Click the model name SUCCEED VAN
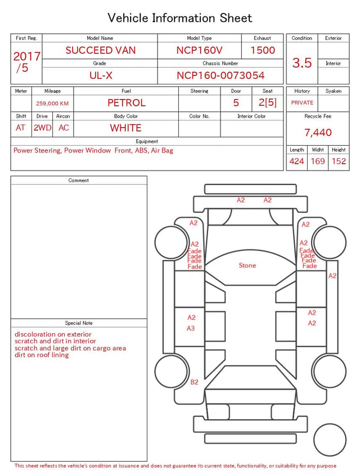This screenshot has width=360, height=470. (101, 50)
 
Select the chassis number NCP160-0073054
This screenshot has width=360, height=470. (220, 75)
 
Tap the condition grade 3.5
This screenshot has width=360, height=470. (302, 62)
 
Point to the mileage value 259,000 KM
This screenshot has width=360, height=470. (52, 104)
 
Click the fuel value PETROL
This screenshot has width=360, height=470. (127, 103)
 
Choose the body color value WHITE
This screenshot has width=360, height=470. (125, 128)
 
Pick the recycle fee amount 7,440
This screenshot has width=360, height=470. (318, 132)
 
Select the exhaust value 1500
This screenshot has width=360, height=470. (263, 50)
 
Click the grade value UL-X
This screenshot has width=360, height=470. (101, 75)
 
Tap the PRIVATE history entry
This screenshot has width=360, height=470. (302, 102)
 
